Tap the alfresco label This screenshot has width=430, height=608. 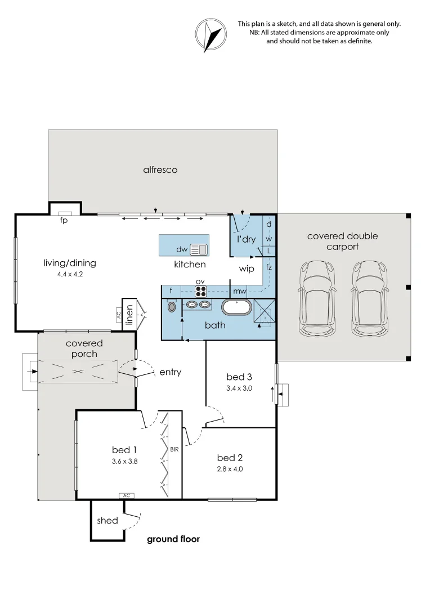pos(160,169)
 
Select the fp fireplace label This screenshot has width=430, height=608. pos(64,221)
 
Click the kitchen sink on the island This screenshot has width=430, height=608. pos(199,249)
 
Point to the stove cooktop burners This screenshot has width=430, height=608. pos(201,291)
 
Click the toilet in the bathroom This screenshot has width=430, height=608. pos(172,306)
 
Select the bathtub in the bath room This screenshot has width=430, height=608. pos(236,307)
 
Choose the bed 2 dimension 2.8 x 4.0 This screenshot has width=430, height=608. pos(230,469)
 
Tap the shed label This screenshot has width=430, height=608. pos(107,521)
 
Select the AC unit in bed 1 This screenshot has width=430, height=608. pos(127,495)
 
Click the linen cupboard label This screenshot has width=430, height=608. pos(129,315)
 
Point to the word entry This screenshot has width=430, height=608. pos(170,372)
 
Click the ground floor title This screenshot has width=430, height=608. pos(173,539)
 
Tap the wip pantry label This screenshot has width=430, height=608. pos(247,269)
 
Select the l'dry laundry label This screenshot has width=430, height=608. pos(246,239)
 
